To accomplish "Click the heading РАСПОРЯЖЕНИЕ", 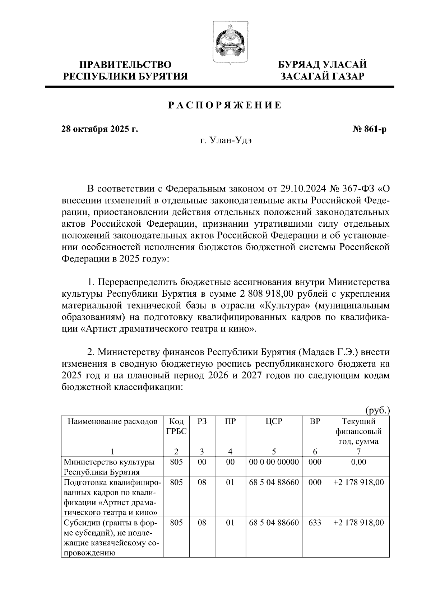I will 225,106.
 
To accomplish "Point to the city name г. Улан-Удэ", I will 226,140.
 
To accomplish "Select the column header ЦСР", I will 274,421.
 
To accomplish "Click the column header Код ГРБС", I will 176,426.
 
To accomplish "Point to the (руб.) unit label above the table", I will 377,411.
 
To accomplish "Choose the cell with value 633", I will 315,523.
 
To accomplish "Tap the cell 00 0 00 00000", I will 274,462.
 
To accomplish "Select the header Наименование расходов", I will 113,421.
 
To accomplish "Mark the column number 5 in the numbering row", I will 274,452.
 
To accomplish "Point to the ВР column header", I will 315,421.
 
